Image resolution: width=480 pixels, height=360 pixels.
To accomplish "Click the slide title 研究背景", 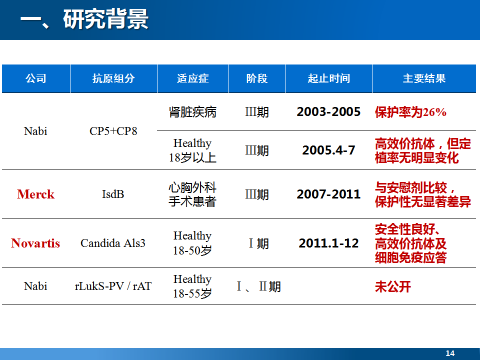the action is coord(105,19).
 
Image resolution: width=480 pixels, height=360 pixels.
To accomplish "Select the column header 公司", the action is coord(36,78).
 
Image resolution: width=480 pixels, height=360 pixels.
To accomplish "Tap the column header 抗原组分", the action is coord(113,78).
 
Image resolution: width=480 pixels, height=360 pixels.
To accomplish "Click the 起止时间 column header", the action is coord(329,78).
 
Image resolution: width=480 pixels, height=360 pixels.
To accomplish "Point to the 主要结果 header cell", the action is coord(424,78).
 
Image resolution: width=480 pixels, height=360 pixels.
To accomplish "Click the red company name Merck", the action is coord(36,194).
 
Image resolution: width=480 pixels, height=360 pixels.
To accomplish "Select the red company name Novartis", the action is coord(35,243).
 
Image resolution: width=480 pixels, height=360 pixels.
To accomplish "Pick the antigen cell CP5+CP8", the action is coord(113,131).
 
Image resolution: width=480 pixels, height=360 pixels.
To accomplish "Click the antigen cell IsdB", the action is coord(113,194).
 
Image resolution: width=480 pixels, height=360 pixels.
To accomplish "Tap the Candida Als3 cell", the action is coord(113,243).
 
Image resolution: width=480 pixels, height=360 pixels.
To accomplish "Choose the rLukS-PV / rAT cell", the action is coord(113,286).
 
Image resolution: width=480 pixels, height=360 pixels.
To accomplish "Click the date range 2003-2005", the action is coord(328,111).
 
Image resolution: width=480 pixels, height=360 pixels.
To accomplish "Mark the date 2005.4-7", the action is coord(328,150).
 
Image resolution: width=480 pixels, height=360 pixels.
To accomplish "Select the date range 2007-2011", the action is coord(328,194).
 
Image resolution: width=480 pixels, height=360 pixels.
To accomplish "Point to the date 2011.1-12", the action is coord(328,243).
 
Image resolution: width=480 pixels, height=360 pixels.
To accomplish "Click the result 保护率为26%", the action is coord(410,112).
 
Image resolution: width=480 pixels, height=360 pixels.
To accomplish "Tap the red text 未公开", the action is coord(393,287).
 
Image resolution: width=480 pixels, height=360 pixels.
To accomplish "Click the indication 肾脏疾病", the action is coord(192,112).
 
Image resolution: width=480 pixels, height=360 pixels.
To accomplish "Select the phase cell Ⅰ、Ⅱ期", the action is coord(258,287).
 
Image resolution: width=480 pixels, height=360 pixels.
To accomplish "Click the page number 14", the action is coord(450,353).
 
